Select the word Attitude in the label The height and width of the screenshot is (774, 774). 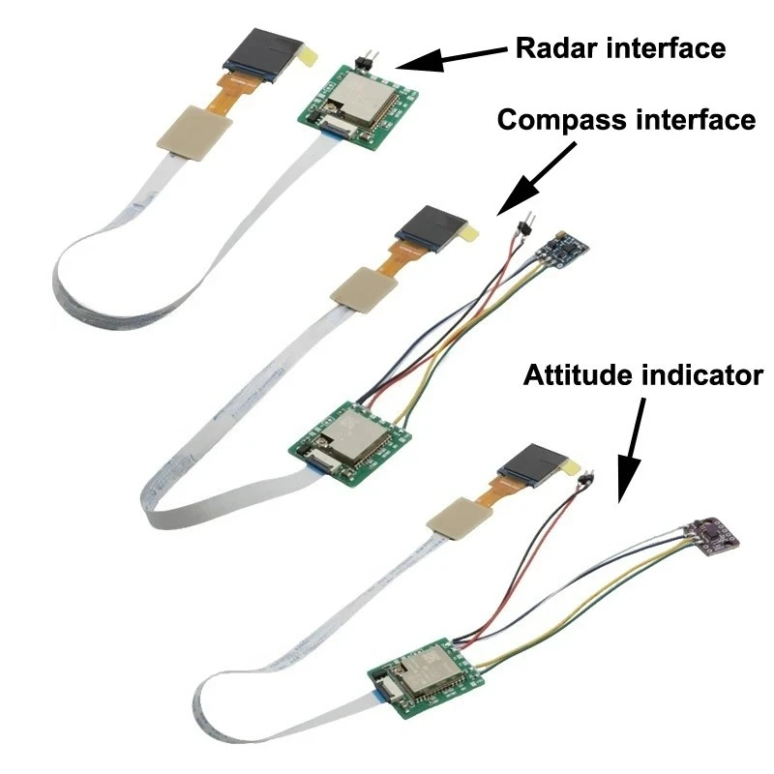578,375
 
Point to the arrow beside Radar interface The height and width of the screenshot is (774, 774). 451,59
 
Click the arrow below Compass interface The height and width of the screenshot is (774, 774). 537,179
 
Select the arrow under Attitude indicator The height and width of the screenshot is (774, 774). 631,451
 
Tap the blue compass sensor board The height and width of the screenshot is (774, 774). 564,250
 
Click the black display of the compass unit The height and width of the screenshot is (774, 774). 431,229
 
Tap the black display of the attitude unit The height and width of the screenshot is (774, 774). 532,465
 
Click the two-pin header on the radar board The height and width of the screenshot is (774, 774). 367,60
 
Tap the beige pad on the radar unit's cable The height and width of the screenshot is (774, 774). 194,133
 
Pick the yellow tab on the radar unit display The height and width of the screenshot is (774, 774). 307,55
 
